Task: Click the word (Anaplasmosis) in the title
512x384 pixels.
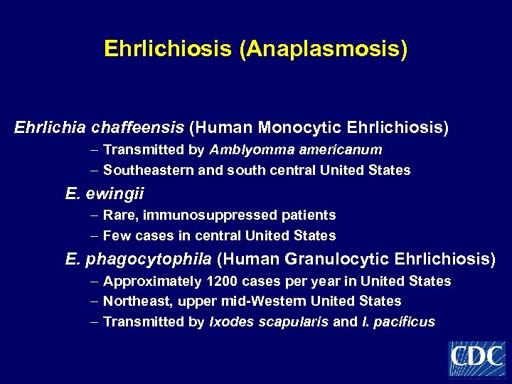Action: point(324,49)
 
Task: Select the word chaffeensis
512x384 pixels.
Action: point(148,128)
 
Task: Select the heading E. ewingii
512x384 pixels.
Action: point(105,193)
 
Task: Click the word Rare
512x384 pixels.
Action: point(119,215)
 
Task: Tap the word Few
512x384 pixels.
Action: point(117,235)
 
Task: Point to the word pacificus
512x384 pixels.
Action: point(405,322)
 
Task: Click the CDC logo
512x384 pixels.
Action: point(477,358)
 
